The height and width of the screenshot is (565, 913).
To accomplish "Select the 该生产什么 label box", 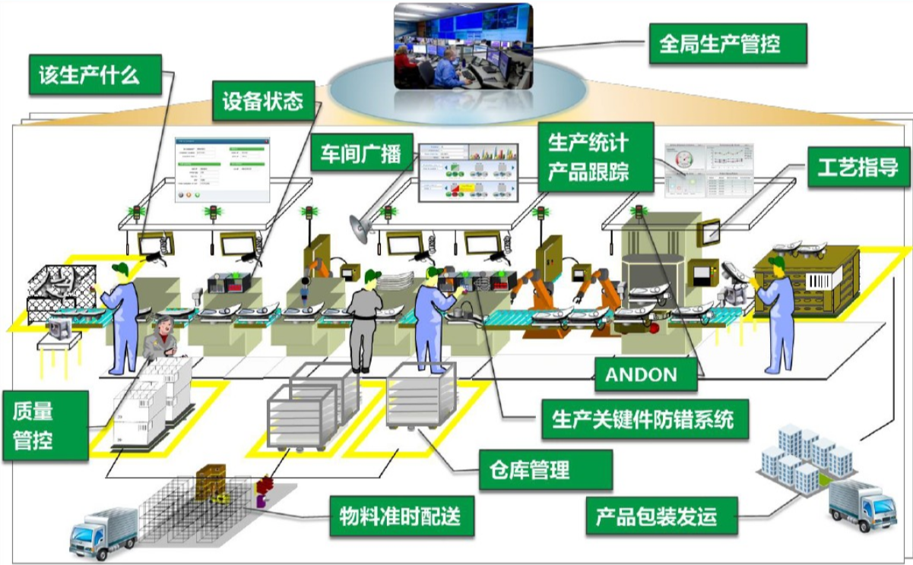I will coord(94,74).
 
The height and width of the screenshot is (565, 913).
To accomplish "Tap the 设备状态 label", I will coord(262,101).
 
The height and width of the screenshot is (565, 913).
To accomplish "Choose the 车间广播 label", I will coord(361,153).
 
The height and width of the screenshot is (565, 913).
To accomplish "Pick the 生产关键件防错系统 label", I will coord(642,418).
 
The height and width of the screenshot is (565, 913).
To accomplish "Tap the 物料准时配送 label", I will coord(400,517).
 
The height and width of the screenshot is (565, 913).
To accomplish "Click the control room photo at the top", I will coord(462,46).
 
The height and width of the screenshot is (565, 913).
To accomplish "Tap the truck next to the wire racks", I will coord(103,532).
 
